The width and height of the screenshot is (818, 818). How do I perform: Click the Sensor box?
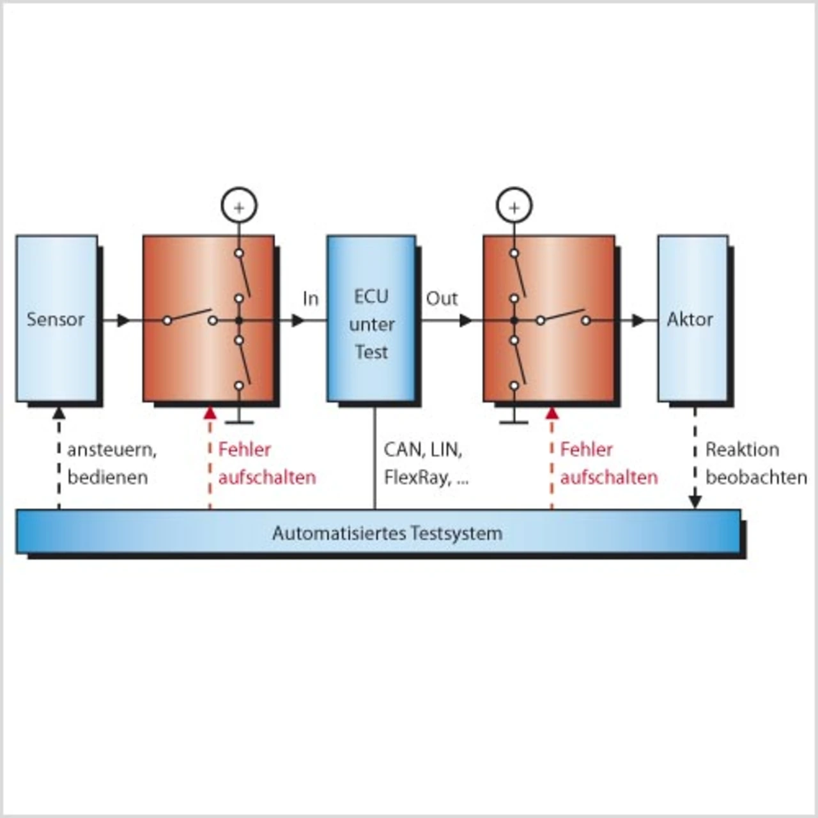[56, 318]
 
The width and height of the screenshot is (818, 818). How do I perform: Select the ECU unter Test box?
[371, 318]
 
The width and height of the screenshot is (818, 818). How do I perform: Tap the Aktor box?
[692, 318]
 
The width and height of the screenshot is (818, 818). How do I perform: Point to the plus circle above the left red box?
[238, 206]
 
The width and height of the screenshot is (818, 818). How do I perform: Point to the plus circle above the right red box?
[514, 206]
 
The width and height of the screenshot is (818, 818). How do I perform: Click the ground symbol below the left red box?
[238, 421]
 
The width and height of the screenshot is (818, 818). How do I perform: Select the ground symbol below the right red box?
[514, 421]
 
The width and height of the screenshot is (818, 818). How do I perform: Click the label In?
[311, 298]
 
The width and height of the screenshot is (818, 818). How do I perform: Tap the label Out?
[442, 298]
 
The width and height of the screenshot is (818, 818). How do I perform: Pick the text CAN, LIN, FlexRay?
[426, 463]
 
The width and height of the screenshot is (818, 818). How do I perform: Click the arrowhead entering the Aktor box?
[638, 320]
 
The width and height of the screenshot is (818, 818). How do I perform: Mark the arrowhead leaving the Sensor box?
[123, 320]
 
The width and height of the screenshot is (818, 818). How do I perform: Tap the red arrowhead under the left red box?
[210, 412]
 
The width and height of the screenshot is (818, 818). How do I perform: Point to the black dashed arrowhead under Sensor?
[59, 412]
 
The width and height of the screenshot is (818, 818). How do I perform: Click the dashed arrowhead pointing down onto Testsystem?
[695, 502]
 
